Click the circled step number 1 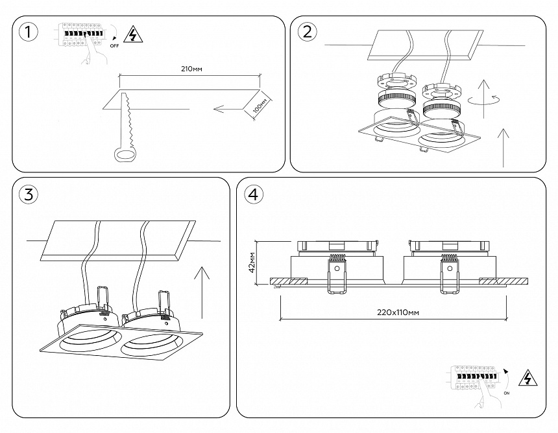coord(28,32)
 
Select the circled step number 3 coord(28,194)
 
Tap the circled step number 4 coord(254,194)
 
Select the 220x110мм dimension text coord(398,312)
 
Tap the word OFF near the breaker coord(114,46)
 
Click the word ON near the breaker coord(506,393)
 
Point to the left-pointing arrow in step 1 coord(227,109)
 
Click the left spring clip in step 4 coord(336,275)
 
